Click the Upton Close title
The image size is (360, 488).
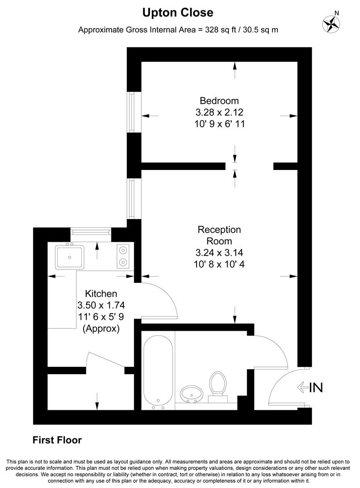tap(178, 13)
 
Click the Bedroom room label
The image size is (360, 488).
tap(219, 100)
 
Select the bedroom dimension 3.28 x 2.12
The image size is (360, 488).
tap(219, 112)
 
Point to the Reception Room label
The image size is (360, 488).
tap(219, 235)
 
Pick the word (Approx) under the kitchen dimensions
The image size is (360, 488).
tap(101, 328)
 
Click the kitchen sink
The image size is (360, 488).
tap(70, 256)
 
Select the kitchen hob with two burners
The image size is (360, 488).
tap(122, 255)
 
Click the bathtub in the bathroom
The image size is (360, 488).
tap(158, 368)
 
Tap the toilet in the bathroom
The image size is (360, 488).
tap(218, 385)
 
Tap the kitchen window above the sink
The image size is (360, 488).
tap(91, 232)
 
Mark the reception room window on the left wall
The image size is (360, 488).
tap(131, 199)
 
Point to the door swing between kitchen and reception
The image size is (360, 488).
tap(160, 298)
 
